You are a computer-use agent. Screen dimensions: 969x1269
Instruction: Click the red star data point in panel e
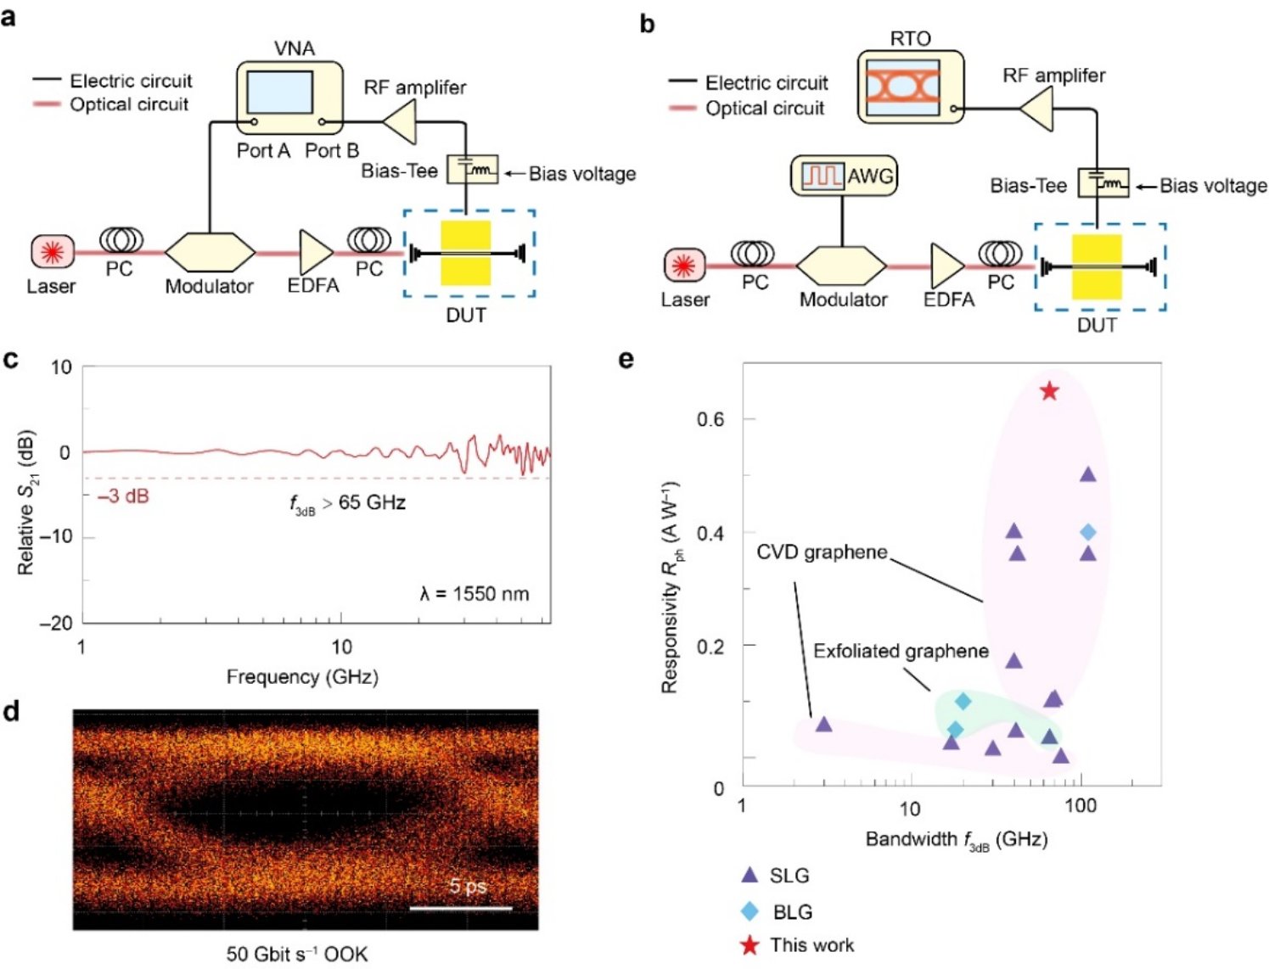point(1050,391)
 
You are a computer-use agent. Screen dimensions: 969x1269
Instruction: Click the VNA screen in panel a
point(279,92)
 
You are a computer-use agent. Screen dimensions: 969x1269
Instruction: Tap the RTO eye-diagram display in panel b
point(903,87)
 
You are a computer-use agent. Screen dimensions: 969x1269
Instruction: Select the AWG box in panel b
point(844,176)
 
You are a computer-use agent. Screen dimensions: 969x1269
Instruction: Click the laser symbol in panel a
point(53,252)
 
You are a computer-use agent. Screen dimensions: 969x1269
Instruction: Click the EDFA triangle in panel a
point(316,252)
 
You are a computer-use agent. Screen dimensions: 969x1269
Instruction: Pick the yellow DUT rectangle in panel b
point(1097,267)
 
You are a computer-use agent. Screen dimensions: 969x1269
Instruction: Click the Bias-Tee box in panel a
point(472,170)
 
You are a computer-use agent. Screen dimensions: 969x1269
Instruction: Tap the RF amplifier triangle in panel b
point(1036,110)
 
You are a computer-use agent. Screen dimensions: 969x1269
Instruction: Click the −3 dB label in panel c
point(123,496)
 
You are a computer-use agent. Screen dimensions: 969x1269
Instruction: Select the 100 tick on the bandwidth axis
point(1080,806)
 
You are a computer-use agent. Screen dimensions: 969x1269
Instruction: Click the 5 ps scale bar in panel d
point(461,908)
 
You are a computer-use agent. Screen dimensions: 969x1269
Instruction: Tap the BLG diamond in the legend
point(750,911)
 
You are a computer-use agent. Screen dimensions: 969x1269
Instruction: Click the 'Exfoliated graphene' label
point(901,651)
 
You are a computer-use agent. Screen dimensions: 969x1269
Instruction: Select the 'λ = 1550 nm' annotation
point(474,594)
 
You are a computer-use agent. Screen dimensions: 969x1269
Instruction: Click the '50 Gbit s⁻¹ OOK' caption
point(297,954)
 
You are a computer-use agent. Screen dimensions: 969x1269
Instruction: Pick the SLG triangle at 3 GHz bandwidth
point(823,725)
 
